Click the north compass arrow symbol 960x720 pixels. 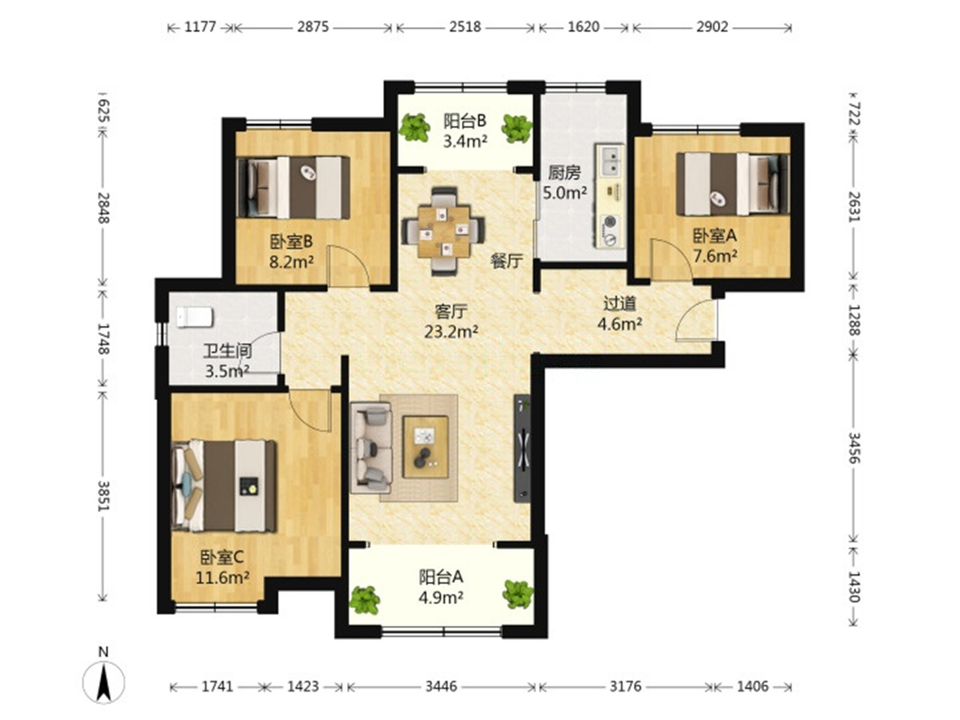click(104, 683)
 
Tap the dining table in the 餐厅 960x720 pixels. click(443, 231)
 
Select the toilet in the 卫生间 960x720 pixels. click(194, 317)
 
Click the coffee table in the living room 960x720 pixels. click(425, 447)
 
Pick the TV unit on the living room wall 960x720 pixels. click(522, 449)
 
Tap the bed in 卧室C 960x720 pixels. click(223, 485)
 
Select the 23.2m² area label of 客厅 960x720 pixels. click(451, 332)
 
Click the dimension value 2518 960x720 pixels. click(465, 27)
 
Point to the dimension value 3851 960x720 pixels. click(104, 496)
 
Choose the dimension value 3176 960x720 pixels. click(625, 687)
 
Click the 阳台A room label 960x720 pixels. click(440, 577)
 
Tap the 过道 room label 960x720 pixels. click(619, 304)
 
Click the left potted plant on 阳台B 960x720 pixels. click(414, 127)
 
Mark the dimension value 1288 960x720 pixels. click(854, 320)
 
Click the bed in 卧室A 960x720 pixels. click(733, 184)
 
